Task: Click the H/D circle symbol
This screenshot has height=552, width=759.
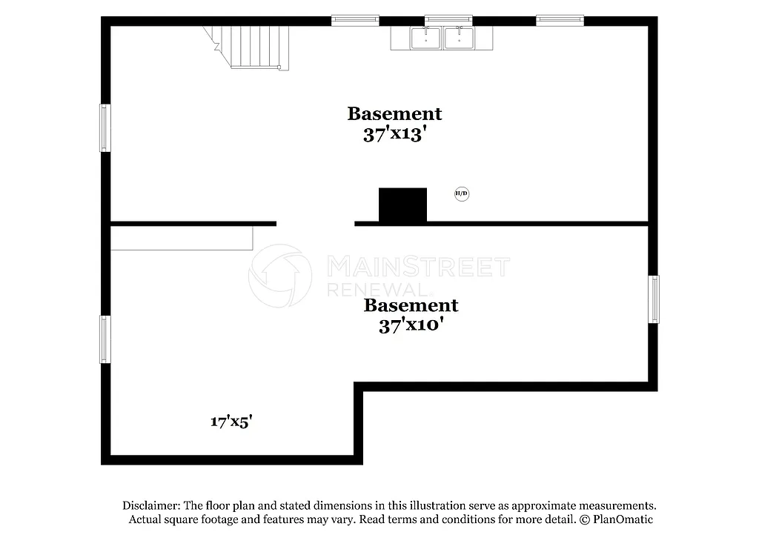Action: [461, 194]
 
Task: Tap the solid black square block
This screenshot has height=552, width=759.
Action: [402, 204]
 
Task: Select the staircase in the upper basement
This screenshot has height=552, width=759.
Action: [252, 46]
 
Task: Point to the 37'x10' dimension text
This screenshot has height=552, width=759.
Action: [411, 325]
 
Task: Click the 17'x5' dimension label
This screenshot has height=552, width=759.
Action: [233, 422]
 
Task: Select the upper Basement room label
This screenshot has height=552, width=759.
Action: [394, 113]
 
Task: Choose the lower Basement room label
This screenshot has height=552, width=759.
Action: [411, 305]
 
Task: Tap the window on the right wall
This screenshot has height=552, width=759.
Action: [654, 299]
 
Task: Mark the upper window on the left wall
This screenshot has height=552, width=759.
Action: [105, 127]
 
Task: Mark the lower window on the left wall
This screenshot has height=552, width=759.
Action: [105, 339]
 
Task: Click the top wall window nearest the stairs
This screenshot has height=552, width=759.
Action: [355, 20]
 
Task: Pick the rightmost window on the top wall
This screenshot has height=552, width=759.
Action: [560, 20]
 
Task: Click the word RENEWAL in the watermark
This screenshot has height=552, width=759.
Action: [376, 289]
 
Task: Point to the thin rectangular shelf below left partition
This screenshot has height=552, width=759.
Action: [182, 238]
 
